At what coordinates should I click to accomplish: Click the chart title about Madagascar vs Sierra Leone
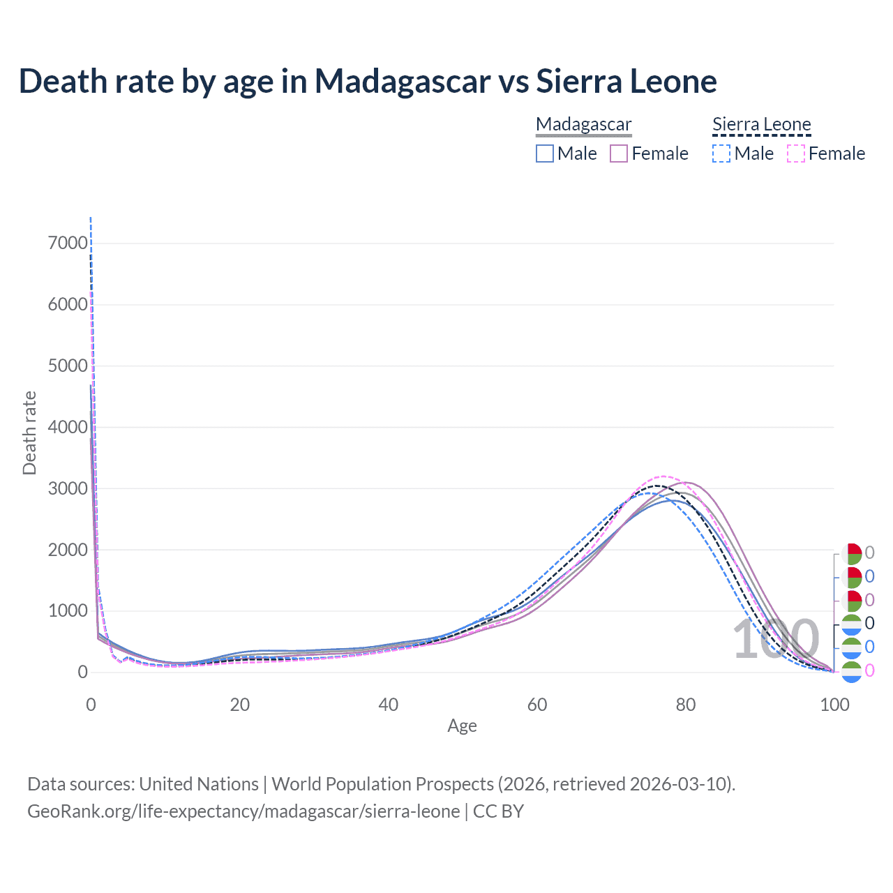(x=368, y=81)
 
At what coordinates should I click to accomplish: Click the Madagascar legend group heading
(x=583, y=124)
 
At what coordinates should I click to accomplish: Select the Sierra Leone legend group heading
(x=761, y=124)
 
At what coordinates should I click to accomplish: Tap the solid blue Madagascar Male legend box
(x=545, y=153)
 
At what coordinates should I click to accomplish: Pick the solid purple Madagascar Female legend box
(x=619, y=153)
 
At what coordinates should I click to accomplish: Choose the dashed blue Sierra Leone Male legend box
(x=721, y=153)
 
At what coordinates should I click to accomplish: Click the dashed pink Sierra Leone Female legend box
(x=795, y=153)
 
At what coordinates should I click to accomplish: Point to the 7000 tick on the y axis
(x=68, y=243)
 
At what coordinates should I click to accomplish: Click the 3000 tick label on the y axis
(x=68, y=488)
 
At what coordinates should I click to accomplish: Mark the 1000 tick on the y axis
(x=68, y=611)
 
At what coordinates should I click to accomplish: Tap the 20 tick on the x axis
(x=240, y=705)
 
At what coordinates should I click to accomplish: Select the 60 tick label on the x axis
(x=537, y=705)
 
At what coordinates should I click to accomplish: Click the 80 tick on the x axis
(x=686, y=705)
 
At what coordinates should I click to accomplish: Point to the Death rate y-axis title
(x=29, y=433)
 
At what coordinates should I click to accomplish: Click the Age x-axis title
(x=462, y=726)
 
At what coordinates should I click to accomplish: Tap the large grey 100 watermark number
(x=776, y=639)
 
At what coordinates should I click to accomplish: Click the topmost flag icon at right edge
(x=852, y=554)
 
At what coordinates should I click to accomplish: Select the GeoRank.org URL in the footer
(x=243, y=811)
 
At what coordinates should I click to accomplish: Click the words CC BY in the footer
(x=498, y=811)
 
